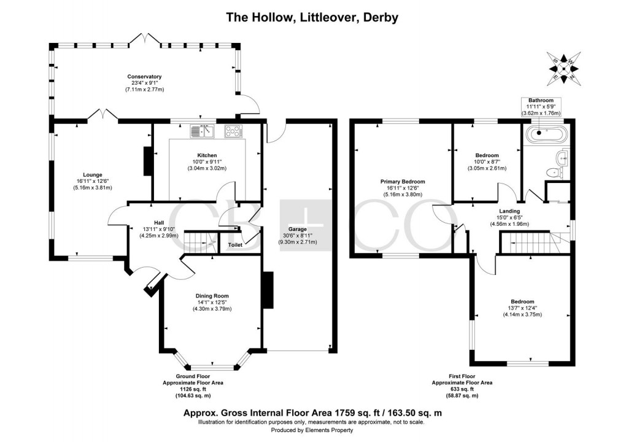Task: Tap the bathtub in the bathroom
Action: tap(546, 131)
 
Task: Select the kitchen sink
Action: tap(201, 130)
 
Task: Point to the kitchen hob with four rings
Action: tap(234, 131)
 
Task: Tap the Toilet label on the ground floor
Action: tap(234, 244)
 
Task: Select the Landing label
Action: tap(509, 211)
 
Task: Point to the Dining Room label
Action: tap(212, 295)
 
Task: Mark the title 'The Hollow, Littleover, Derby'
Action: tap(312, 17)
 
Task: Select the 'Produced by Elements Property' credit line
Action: tap(312, 431)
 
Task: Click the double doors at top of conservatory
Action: tap(144, 40)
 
